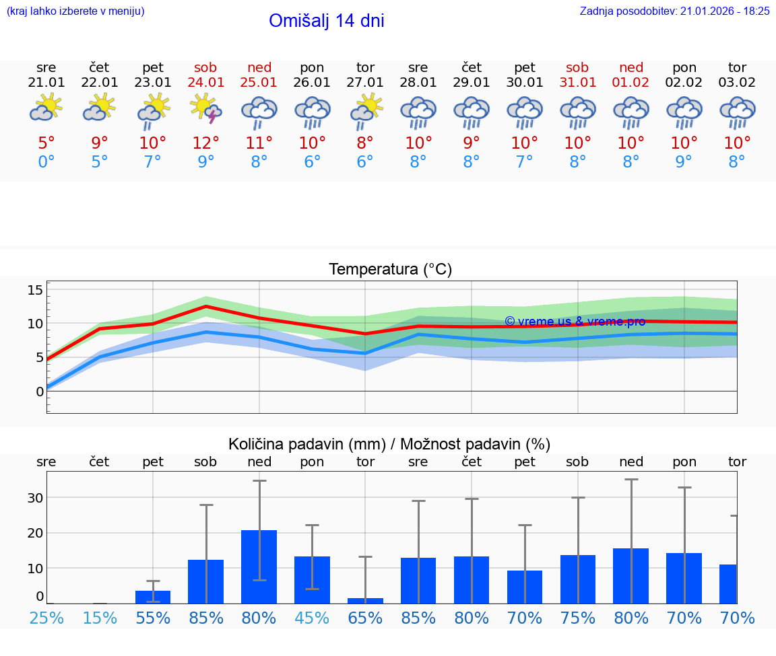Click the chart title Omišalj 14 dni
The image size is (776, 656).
(x=326, y=21)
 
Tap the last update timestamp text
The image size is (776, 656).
(x=674, y=11)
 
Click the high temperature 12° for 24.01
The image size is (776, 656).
(x=206, y=143)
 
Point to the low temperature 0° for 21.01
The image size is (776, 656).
(x=46, y=161)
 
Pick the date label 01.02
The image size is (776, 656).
(x=631, y=82)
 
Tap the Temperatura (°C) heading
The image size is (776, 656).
(x=390, y=270)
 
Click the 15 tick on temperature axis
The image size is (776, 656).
(x=35, y=290)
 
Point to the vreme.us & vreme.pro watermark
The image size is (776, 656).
(x=575, y=322)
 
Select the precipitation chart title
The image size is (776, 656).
(x=389, y=444)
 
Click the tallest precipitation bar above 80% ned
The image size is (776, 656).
(x=259, y=567)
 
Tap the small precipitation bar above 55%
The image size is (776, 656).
(x=153, y=597)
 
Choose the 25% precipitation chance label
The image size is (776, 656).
(x=46, y=618)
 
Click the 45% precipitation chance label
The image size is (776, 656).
(x=312, y=618)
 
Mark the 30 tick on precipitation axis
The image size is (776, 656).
(x=35, y=498)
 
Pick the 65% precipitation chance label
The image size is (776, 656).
(x=365, y=618)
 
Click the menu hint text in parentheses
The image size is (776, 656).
(x=75, y=11)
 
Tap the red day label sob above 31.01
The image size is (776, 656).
(x=577, y=67)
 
